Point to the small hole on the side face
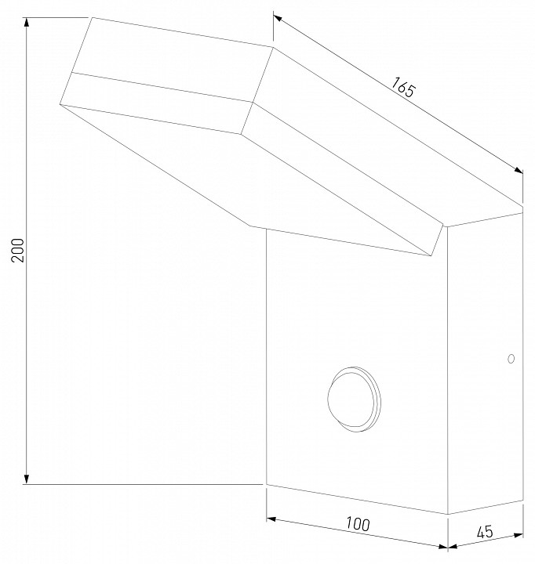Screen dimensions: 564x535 [511, 360]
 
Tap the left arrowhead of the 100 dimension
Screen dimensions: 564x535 [271, 516]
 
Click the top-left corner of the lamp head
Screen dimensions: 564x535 [91, 17]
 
